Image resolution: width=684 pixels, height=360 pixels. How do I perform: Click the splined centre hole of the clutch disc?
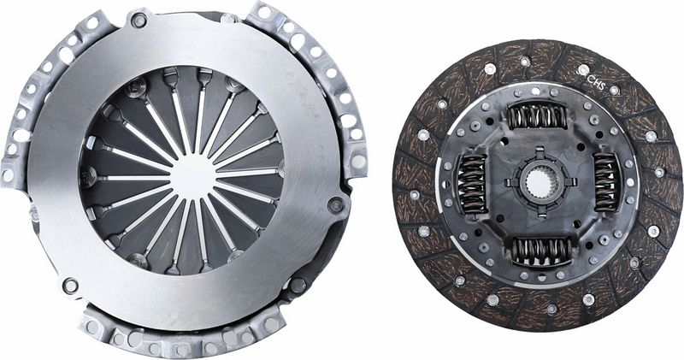click(537, 181)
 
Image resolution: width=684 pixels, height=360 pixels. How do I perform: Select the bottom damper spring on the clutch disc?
click(540, 251)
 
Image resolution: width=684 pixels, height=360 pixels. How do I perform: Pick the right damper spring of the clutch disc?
click(606, 181)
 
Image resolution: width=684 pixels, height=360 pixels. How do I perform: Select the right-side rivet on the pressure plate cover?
click(336, 205)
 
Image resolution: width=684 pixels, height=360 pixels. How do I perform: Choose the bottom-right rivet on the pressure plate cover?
click(298, 285)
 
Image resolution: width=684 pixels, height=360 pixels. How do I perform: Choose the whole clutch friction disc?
click(538, 182)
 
